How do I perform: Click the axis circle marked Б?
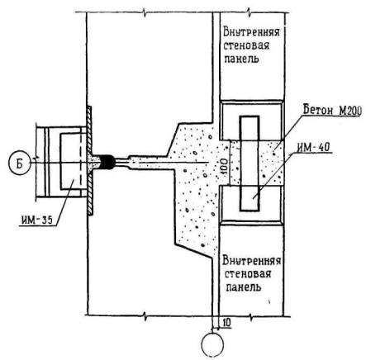coord(19,163)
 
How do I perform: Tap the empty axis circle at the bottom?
coord(212,344)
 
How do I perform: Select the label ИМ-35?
coord(36,220)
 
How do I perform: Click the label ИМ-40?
coord(313,148)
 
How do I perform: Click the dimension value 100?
coord(225,167)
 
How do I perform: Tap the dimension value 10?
coord(226,323)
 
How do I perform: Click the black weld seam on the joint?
coord(107,162)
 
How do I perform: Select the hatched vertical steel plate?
coord(90,160)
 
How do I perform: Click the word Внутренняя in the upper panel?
coord(251,32)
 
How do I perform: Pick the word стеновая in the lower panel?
coord(248,274)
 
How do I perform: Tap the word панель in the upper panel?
coord(241,59)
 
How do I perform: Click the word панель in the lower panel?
coord(243,287)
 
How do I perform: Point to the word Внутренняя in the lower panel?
coord(252,261)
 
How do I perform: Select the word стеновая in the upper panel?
coord(246,45)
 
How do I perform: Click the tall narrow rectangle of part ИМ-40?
coord(250,163)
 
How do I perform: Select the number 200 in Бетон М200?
coord(353,111)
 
